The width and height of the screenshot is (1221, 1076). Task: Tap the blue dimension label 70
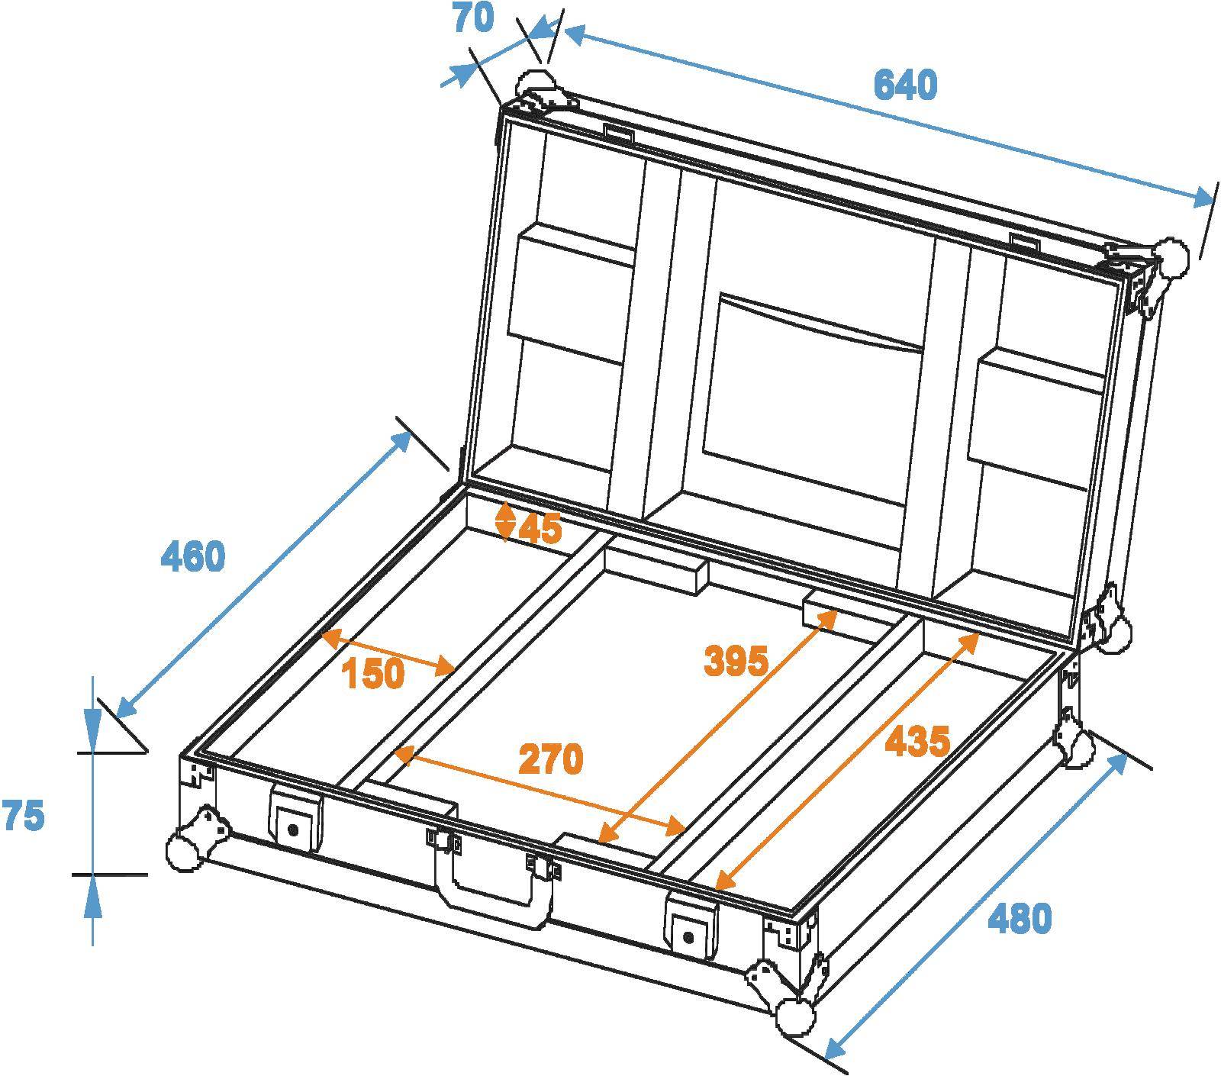[x=473, y=18]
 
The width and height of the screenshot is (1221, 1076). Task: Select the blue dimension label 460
[x=193, y=556]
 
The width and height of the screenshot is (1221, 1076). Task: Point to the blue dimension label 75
[x=23, y=816]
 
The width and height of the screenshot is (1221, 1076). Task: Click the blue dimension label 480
[x=1020, y=918]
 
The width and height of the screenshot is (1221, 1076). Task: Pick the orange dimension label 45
[x=540, y=527]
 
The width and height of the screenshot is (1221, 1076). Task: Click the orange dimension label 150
[x=372, y=674]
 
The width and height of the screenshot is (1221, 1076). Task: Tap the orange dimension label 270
[x=550, y=759]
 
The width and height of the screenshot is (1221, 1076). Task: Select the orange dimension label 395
[x=735, y=660]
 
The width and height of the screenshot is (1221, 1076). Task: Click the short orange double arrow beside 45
[x=505, y=521]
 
